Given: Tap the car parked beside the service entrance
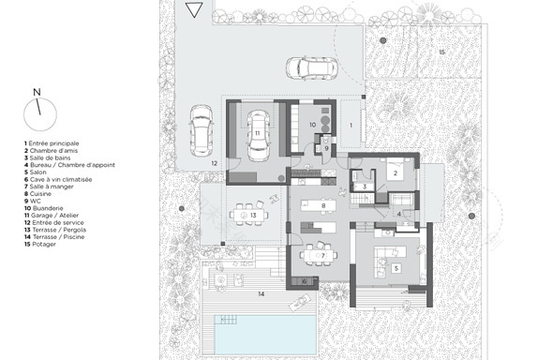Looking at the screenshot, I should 202,131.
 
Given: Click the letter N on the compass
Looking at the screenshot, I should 36,92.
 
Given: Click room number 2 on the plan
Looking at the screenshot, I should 396,173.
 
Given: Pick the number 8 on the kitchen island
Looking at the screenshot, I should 323,205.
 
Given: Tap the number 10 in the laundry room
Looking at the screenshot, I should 314,124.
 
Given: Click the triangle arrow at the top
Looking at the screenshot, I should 193,10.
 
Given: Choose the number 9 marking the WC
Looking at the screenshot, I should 324,147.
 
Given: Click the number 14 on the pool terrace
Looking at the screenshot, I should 263,294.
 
